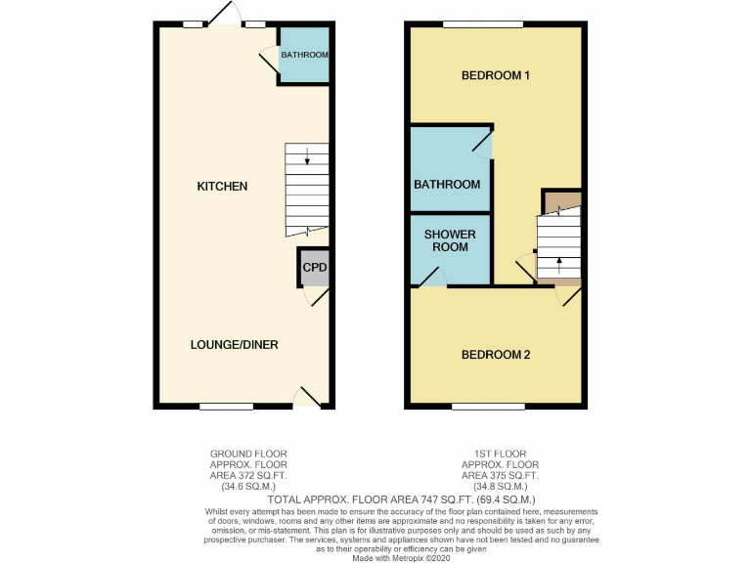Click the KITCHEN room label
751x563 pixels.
coord(222,186)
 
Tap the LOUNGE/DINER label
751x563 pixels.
coord(235,344)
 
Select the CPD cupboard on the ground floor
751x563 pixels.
coord(314,267)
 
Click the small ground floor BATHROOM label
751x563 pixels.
coord(304,55)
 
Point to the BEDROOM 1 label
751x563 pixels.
coord(496,75)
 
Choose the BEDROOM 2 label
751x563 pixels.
coord(496,354)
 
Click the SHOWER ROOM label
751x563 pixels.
coord(450,240)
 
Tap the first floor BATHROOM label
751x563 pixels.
coord(447,184)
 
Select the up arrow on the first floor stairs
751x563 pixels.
coord(558,261)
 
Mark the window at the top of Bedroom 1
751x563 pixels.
coord(482,24)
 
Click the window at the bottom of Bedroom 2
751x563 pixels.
coord(488,407)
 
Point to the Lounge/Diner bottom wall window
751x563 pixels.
coord(227,407)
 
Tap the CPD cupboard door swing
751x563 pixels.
coord(319,297)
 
